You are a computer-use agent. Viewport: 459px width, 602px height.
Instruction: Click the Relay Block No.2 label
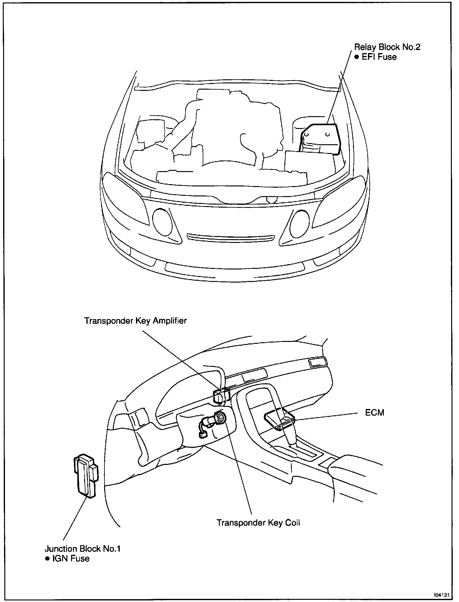(x=387, y=47)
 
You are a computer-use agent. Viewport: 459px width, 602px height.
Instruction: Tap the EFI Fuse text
(x=379, y=57)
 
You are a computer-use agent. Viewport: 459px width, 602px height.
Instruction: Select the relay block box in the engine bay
(x=320, y=139)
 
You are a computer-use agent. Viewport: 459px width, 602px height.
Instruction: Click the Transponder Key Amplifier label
(x=135, y=321)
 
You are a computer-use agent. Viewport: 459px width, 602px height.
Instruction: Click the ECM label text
(x=375, y=412)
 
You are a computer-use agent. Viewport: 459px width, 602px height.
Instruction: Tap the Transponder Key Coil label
(x=258, y=523)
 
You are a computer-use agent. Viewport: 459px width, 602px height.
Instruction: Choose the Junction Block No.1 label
(x=83, y=549)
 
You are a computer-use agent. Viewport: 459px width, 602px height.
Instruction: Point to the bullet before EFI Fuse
(x=357, y=57)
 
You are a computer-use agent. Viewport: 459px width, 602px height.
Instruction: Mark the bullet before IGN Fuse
(x=47, y=559)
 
